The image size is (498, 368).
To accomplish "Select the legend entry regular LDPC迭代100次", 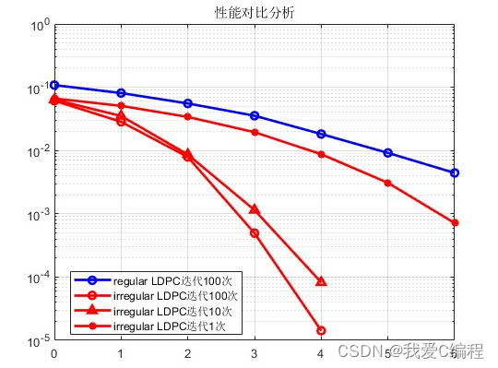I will (x=176, y=280).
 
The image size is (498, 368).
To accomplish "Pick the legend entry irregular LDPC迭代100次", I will (x=176, y=296).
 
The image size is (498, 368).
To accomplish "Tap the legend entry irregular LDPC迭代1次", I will (x=171, y=326).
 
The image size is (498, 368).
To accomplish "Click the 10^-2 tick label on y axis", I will (x=37, y=152).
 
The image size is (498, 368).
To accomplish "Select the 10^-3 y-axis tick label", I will (x=37, y=215).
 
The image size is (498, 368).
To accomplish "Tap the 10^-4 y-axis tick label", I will (x=37, y=279).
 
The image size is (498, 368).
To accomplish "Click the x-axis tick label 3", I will (x=255, y=353).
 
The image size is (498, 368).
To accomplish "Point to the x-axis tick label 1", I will (x=121, y=353).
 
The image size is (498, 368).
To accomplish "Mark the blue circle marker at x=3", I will (x=255, y=115).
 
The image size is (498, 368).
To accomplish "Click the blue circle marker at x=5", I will (x=387, y=152).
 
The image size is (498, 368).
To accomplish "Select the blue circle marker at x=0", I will (x=54, y=85).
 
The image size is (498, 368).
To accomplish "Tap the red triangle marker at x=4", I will (x=321, y=281).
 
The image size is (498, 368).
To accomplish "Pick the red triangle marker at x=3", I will (x=255, y=210).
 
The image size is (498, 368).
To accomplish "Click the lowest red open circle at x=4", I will (x=321, y=330).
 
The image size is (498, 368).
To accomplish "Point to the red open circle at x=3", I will (x=255, y=233).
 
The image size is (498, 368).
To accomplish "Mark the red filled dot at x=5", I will (x=387, y=183).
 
